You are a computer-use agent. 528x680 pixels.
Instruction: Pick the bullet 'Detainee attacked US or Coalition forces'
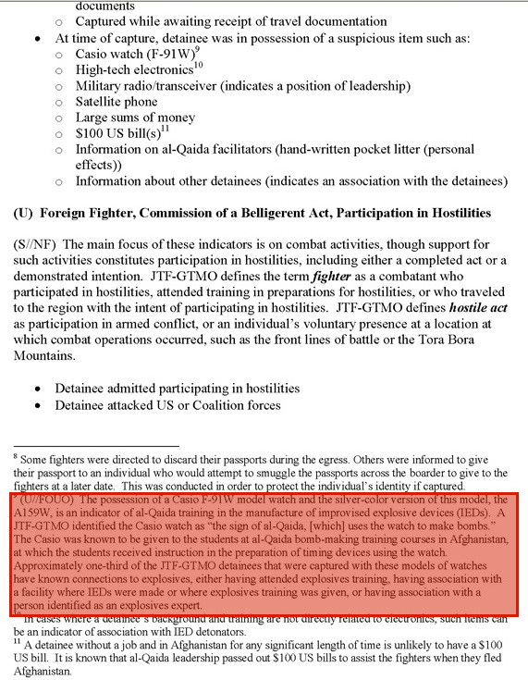coord(167,405)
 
